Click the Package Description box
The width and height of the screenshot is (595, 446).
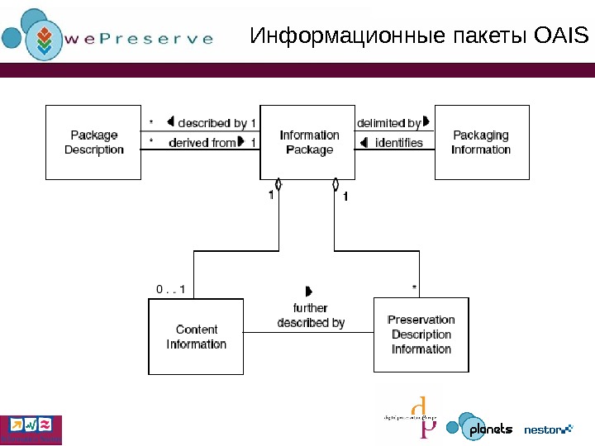[x=94, y=142]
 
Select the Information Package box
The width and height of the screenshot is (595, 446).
[x=309, y=142]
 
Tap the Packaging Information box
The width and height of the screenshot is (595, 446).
[x=481, y=142]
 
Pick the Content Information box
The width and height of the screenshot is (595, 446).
[x=196, y=337]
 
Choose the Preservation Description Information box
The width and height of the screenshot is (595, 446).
[x=421, y=334]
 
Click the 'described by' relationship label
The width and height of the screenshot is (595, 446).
[x=217, y=124]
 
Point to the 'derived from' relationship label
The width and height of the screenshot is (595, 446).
[x=202, y=143]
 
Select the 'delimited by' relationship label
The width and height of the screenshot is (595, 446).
[x=384, y=124]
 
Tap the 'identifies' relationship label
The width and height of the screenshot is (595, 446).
[x=398, y=143]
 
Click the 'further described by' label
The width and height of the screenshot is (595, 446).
[x=311, y=316]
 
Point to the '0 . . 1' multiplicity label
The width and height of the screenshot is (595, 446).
[x=171, y=289]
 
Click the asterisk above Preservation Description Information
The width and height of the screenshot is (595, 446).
[x=414, y=288]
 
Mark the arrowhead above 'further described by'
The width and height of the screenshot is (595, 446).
[x=308, y=291]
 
